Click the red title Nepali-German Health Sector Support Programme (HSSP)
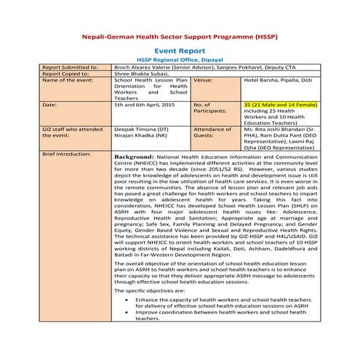pyautogui.click(x=179, y=35)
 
